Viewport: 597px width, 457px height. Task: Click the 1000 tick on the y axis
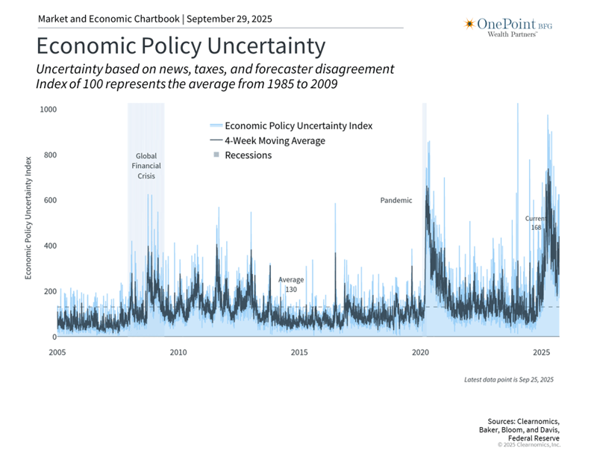point(47,110)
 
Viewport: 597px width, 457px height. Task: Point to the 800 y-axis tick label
point(49,155)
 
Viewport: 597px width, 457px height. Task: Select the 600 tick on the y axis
point(49,201)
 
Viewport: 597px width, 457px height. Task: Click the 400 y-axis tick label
point(49,246)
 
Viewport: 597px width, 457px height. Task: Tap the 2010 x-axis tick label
point(178,352)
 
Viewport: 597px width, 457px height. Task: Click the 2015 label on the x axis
point(299,352)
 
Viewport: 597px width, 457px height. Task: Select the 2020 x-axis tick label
point(420,352)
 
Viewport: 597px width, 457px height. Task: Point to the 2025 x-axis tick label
point(541,352)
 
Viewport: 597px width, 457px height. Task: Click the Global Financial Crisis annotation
point(146,166)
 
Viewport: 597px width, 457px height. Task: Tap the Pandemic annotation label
point(396,200)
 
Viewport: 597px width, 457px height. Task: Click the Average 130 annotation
point(291,285)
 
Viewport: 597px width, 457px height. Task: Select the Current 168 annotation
point(535,223)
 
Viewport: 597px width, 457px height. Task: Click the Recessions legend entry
point(248,155)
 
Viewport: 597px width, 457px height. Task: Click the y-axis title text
point(29,217)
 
